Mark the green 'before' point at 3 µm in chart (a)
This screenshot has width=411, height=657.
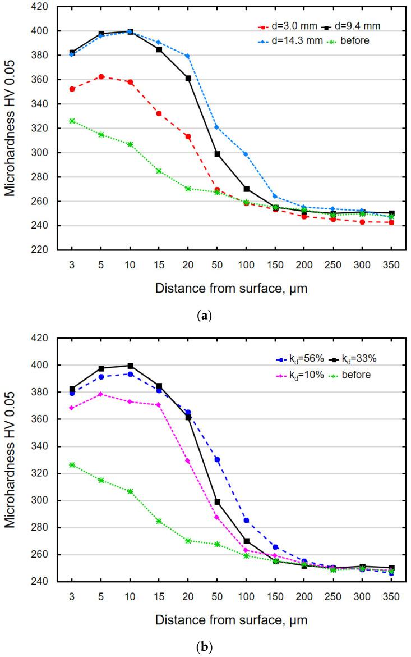(72, 121)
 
